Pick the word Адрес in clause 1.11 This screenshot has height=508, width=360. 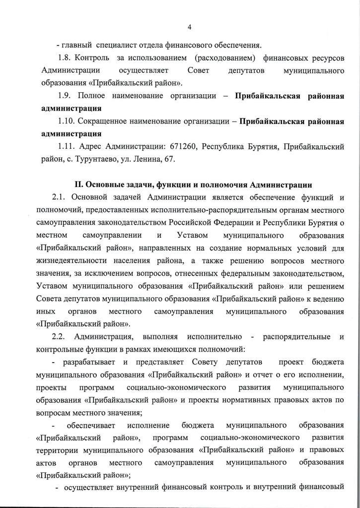coord(91,147)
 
